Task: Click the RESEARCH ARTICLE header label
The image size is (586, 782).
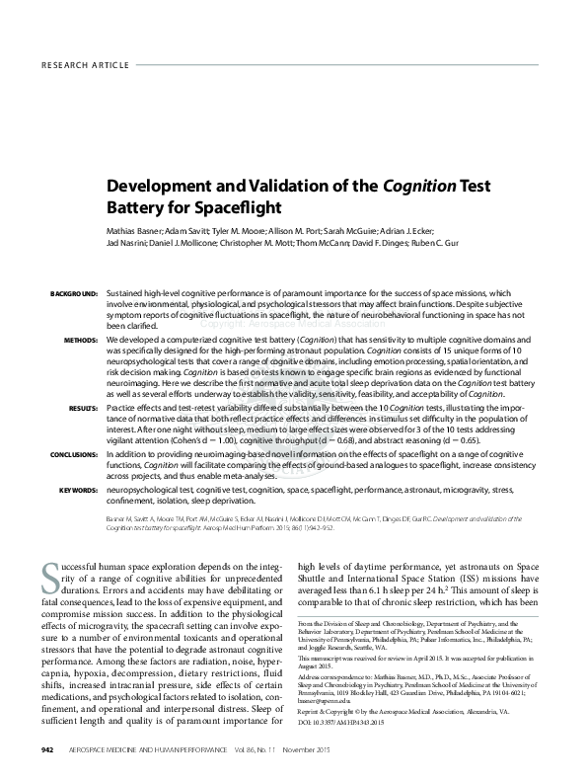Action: coord(86,64)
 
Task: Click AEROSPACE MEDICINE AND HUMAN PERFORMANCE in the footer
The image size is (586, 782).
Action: coord(139,750)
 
